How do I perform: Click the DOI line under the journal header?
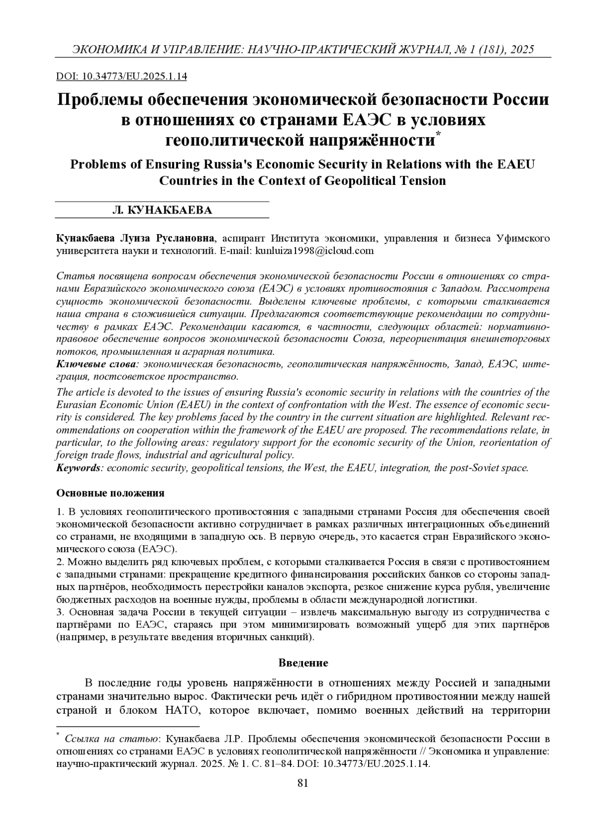point(122,76)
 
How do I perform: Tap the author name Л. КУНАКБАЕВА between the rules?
point(162,210)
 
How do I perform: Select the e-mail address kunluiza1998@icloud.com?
point(314,251)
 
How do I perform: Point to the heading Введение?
point(303,663)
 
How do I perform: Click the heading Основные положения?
point(111,493)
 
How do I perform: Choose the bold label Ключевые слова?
point(97,364)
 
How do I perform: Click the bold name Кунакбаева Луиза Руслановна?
point(136,239)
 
